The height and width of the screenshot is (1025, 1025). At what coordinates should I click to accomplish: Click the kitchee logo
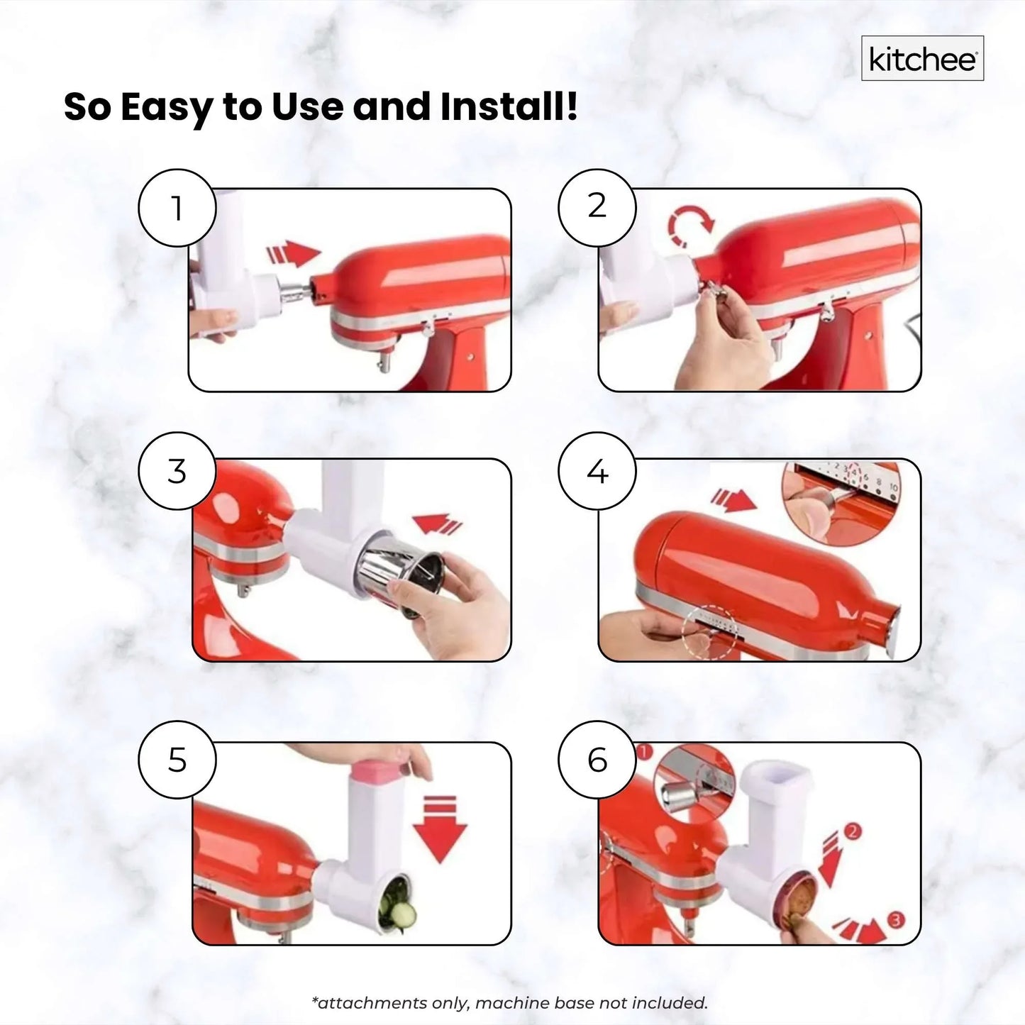tap(922, 59)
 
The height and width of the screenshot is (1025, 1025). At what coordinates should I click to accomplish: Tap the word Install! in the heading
tap(508, 106)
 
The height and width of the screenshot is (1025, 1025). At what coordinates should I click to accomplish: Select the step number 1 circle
tap(177, 208)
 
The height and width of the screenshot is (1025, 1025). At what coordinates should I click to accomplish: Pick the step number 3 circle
tap(177, 471)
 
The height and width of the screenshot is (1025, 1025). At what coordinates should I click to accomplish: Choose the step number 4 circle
tap(597, 471)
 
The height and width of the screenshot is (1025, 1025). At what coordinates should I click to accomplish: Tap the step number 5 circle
tap(177, 760)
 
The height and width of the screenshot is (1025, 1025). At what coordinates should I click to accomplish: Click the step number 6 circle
tap(597, 760)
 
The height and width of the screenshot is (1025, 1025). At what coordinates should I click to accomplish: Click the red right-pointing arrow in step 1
tap(293, 254)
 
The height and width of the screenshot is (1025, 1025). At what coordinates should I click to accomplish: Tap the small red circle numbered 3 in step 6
tap(896, 921)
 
